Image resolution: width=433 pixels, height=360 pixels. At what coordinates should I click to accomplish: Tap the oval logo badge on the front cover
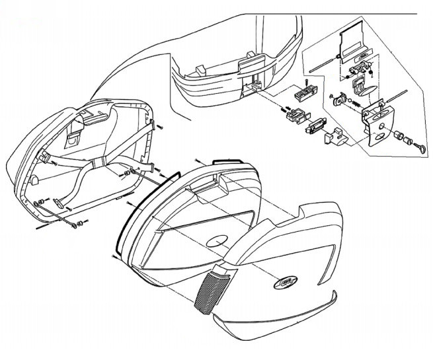(286, 281)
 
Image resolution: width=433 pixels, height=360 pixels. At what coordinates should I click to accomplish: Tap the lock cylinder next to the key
(401, 137)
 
